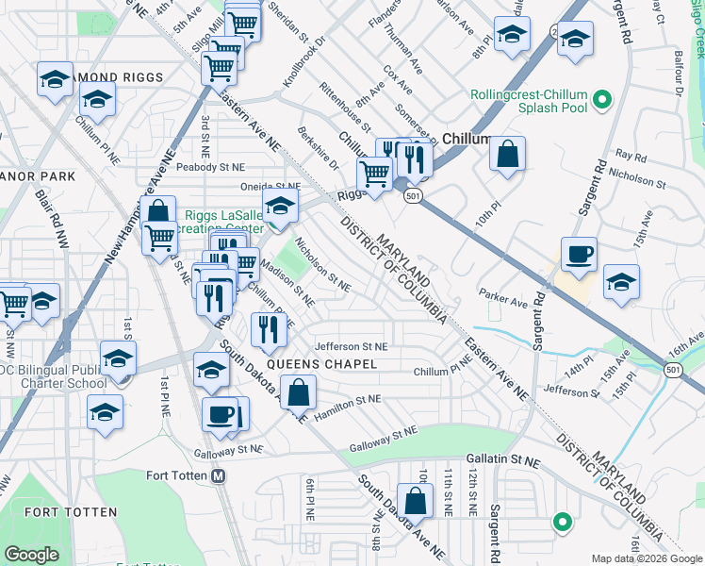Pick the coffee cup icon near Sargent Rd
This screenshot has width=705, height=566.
(579, 253)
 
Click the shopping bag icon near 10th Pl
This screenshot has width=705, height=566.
(507, 154)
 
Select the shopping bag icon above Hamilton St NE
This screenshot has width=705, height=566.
(298, 391)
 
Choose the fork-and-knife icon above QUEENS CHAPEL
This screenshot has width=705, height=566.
(270, 328)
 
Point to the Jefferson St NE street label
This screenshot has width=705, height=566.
(351, 347)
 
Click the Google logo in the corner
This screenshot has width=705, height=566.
(32, 555)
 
